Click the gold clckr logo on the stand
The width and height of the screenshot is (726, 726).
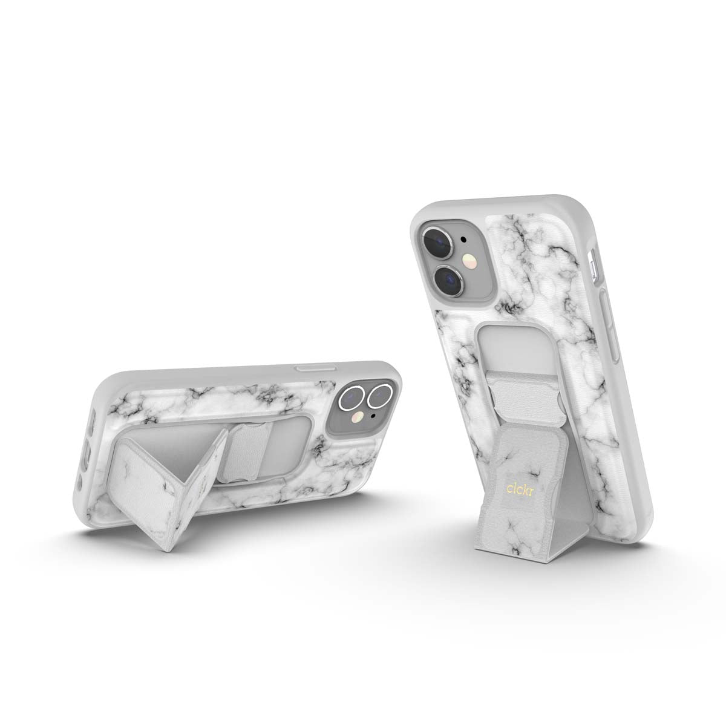pos(520,490)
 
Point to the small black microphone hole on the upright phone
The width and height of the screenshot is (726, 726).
pos(464,239)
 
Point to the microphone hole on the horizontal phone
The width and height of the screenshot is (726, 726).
pos(373,416)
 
